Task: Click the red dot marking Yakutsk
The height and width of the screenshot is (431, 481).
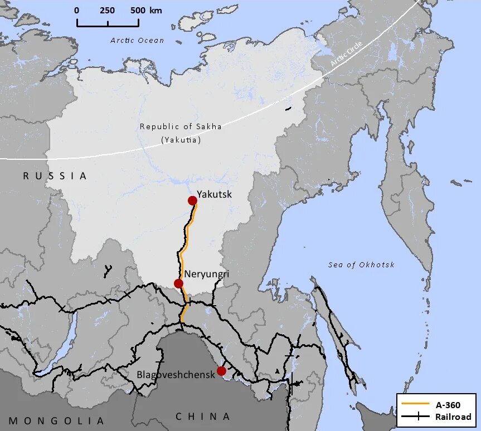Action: (x=192, y=200)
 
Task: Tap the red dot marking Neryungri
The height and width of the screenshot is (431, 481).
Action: (x=178, y=283)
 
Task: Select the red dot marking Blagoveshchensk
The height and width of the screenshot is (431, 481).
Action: (x=221, y=371)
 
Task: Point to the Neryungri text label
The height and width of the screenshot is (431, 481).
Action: (x=206, y=274)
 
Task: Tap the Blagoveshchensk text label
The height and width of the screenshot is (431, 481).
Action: (x=176, y=375)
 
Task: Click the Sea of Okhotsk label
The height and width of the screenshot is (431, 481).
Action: (x=361, y=265)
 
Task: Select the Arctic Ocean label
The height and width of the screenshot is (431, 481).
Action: (x=137, y=40)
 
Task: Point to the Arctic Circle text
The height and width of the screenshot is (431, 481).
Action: (x=346, y=54)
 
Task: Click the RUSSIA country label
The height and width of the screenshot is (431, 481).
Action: (x=55, y=176)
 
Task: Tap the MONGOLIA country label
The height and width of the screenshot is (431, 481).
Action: (x=56, y=420)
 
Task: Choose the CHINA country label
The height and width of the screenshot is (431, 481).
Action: (x=203, y=417)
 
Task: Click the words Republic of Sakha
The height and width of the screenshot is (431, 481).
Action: (x=181, y=126)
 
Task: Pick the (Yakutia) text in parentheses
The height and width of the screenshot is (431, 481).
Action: (x=181, y=140)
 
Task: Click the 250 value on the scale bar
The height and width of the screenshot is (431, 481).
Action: (x=107, y=11)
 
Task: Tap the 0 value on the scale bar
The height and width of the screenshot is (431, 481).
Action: (x=77, y=11)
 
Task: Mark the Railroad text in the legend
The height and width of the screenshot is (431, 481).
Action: (x=453, y=417)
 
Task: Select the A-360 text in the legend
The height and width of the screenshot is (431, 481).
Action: (x=448, y=405)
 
